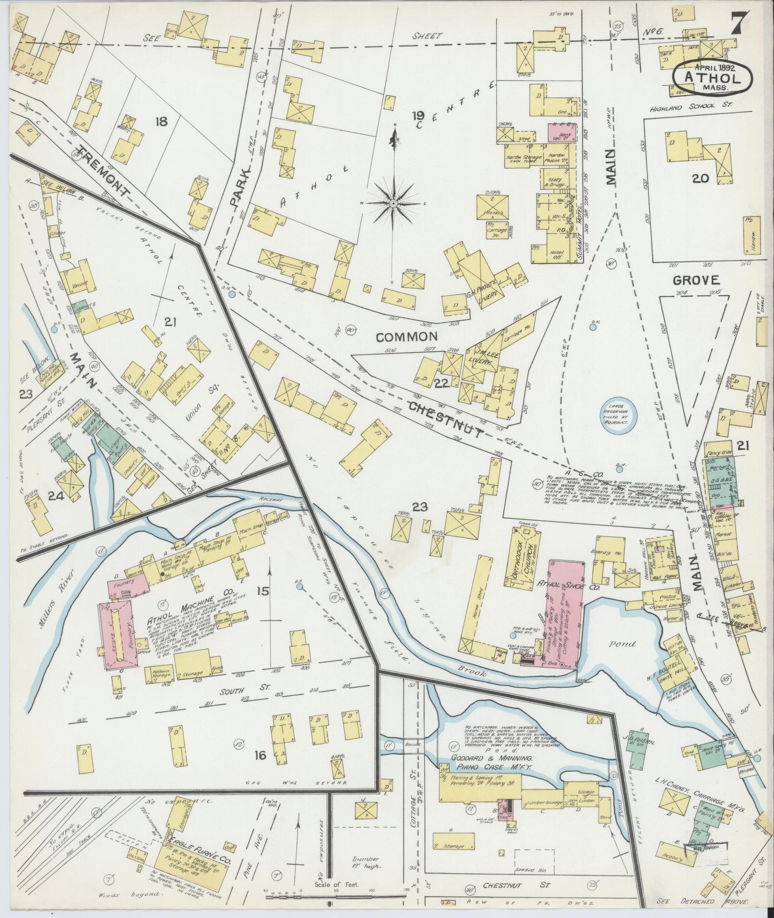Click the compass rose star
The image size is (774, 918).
click(393, 204)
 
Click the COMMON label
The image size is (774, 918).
click(406, 337)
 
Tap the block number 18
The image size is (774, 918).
click(161, 122)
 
